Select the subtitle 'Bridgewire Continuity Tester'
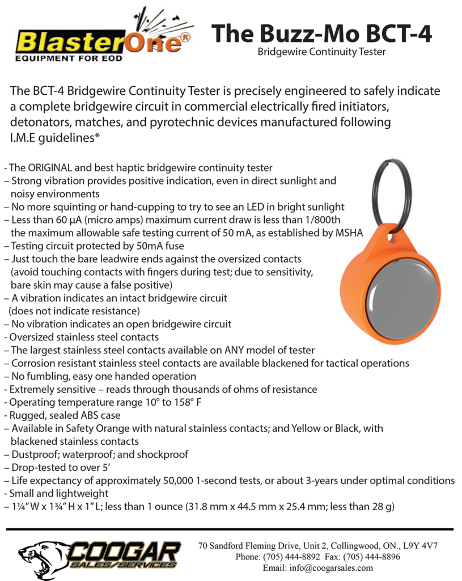[321, 52]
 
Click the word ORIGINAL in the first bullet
[49, 168]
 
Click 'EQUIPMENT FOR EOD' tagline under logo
[68, 58]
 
